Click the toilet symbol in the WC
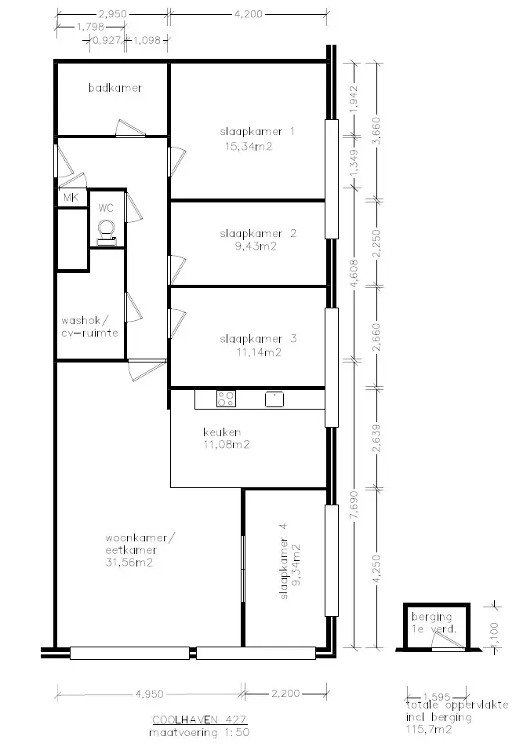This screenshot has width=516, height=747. click(x=107, y=233)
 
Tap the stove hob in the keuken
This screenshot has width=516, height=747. click(x=226, y=399)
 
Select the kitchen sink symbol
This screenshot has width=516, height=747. click(x=274, y=399)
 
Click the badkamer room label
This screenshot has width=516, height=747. click(x=115, y=88)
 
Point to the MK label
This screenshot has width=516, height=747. click(x=71, y=197)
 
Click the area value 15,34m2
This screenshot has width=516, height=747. click(x=249, y=146)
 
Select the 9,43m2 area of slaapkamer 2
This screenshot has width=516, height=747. click(x=256, y=246)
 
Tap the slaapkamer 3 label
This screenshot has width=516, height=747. click(x=258, y=339)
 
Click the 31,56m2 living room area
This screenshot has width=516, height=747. click(x=129, y=563)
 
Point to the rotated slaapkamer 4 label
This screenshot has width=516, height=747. click(x=284, y=561)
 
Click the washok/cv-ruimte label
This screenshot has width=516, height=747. click(x=89, y=326)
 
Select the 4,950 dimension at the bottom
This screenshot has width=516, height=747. click(x=150, y=694)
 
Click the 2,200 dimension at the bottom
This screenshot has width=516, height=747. click(x=285, y=693)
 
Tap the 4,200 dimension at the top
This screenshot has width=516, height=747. click(x=249, y=14)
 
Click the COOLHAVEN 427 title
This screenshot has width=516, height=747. click(x=199, y=720)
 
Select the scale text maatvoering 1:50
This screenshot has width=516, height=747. click(x=199, y=732)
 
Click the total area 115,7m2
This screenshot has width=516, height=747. click(x=428, y=729)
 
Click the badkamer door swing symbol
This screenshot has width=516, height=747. click(x=130, y=128)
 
